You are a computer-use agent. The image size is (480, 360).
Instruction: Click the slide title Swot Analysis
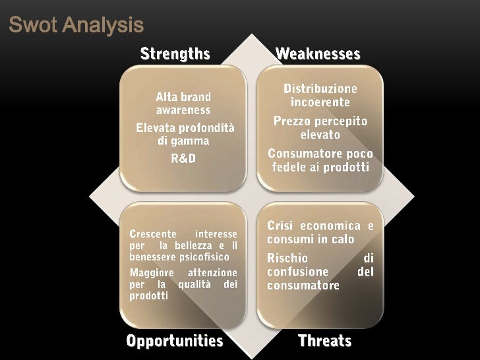click(x=76, y=26)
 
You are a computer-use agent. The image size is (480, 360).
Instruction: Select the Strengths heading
click(x=175, y=53)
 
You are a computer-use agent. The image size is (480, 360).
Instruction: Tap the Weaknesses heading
click(x=318, y=53)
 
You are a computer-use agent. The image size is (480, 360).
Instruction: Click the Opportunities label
click(x=175, y=340)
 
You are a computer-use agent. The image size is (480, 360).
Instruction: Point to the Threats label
click(x=324, y=340)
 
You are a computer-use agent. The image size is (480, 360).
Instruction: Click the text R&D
click(x=183, y=158)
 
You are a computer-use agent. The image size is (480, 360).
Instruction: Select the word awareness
click(x=183, y=110)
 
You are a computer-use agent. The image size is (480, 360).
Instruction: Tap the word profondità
click(x=204, y=127)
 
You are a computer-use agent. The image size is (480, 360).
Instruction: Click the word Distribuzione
click(x=320, y=88)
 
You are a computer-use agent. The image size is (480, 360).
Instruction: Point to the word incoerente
click(x=320, y=103)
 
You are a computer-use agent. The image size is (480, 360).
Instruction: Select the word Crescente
click(x=153, y=234)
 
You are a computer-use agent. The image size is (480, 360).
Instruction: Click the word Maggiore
click(x=152, y=272)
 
